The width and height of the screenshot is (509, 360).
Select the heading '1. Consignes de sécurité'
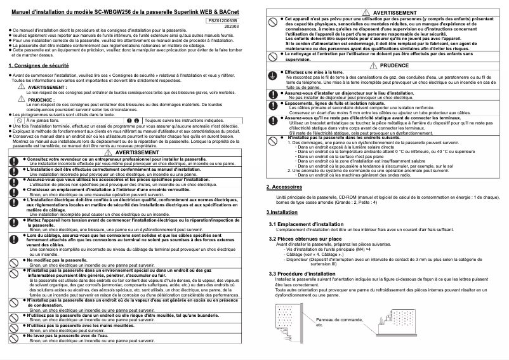[39, 65]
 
